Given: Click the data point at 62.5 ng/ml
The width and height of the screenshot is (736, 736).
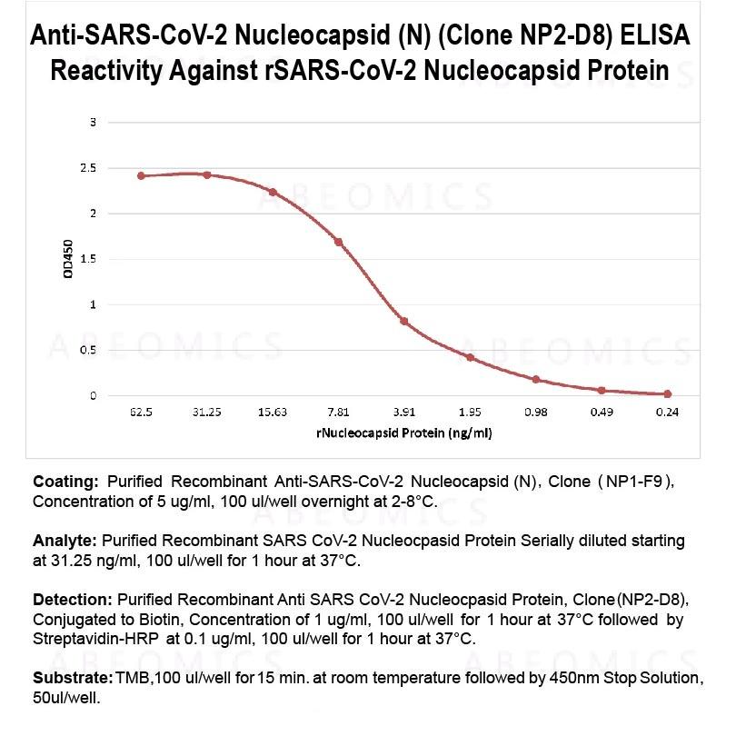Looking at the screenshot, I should pyautogui.click(x=141, y=175).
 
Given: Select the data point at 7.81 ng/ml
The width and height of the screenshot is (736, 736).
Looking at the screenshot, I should pyautogui.click(x=338, y=242).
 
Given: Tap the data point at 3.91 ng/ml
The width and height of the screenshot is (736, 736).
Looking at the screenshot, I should pyautogui.click(x=403, y=321).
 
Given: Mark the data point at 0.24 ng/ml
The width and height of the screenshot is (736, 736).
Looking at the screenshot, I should pyautogui.click(x=668, y=393).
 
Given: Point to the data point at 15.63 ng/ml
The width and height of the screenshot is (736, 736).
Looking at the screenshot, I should pyautogui.click(x=273, y=192).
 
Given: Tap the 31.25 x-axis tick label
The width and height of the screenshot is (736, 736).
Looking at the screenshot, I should pyautogui.click(x=207, y=412).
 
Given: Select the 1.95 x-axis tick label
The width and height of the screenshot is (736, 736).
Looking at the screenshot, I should pyautogui.click(x=470, y=412).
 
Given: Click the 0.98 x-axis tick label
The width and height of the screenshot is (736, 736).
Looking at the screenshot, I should pyautogui.click(x=536, y=412).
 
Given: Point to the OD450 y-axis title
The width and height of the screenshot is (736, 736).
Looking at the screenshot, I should pyautogui.click(x=70, y=259).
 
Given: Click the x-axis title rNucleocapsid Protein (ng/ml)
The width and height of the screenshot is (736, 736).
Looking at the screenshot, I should pyautogui.click(x=404, y=433).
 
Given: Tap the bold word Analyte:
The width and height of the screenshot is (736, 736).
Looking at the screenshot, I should pyautogui.click(x=65, y=541).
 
